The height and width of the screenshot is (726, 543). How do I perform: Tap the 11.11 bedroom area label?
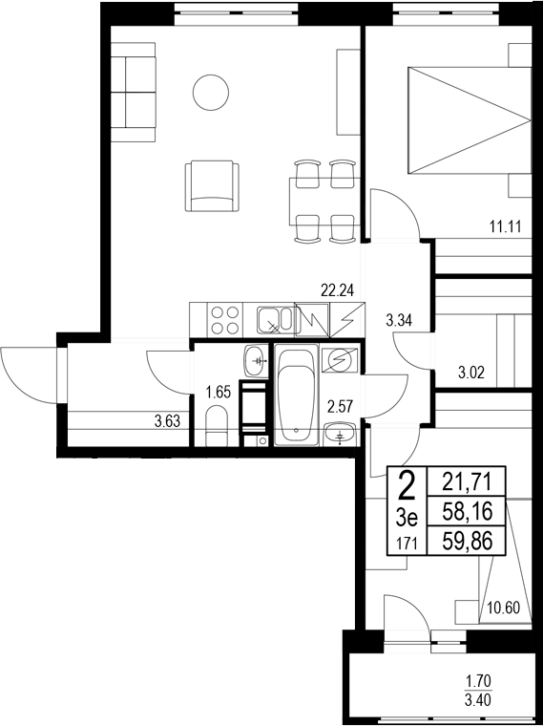coord(504,226)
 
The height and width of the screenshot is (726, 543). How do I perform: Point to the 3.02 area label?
coord(473,373)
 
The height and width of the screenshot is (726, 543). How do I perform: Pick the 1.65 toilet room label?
coord(219,390)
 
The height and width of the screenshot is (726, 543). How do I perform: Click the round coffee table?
coord(210,93)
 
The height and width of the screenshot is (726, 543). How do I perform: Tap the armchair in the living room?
coord(212,186)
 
